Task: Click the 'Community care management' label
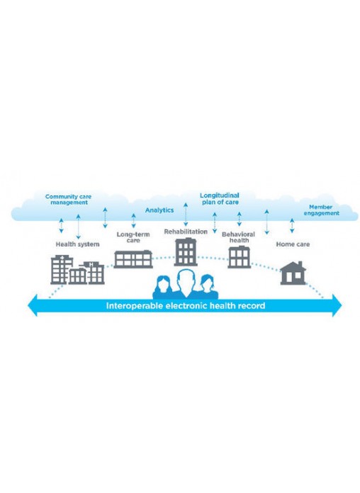pyautogui.click(x=68, y=199)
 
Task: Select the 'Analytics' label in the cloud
pyautogui.click(x=159, y=210)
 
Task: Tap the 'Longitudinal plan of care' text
pyautogui.click(x=220, y=199)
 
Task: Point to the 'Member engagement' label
pyautogui.click(x=321, y=210)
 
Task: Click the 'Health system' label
pyautogui.click(x=77, y=244)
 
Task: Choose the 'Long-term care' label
pyautogui.click(x=133, y=237)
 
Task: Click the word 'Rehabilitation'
pyautogui.click(x=186, y=232)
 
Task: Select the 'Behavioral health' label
pyautogui.click(x=239, y=237)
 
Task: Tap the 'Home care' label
pyautogui.click(x=293, y=244)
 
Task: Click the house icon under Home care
pyautogui.click(x=293, y=273)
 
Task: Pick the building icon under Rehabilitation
pyautogui.click(x=186, y=252)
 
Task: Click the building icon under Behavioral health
pyautogui.click(x=239, y=257)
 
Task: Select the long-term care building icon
pyautogui.click(x=133, y=259)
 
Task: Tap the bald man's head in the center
pyautogui.click(x=186, y=279)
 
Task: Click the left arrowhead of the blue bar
pyautogui.click(x=32, y=305)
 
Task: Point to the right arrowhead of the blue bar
pyautogui.click(x=337, y=305)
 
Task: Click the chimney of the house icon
pyautogui.click(x=300, y=264)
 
